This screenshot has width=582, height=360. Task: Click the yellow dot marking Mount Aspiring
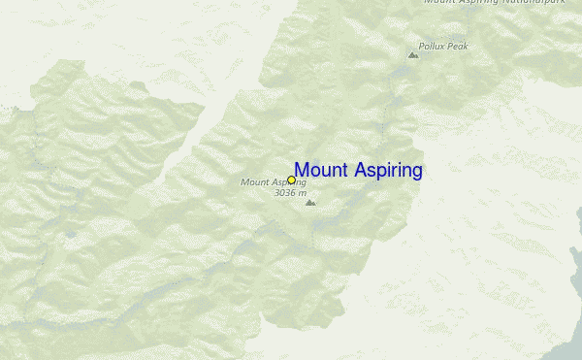[291, 180]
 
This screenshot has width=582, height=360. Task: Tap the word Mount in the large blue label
[321, 171]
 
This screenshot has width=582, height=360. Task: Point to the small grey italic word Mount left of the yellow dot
[254, 181]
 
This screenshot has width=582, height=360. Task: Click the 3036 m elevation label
[290, 192]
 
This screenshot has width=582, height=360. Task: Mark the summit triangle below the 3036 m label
[309, 203]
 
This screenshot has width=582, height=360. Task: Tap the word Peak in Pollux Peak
[456, 46]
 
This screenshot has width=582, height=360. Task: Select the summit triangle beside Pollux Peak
[413, 55]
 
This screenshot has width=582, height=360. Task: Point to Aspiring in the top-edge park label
[481, 2]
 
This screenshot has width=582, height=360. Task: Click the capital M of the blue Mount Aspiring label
[302, 171]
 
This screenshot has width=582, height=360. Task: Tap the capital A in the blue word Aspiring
[358, 171]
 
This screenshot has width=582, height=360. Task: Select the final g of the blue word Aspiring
[417, 173]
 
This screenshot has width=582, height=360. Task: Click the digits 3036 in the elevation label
[286, 192]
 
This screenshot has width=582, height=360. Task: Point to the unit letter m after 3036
[303, 193]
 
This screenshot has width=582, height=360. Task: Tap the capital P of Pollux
[422, 46]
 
